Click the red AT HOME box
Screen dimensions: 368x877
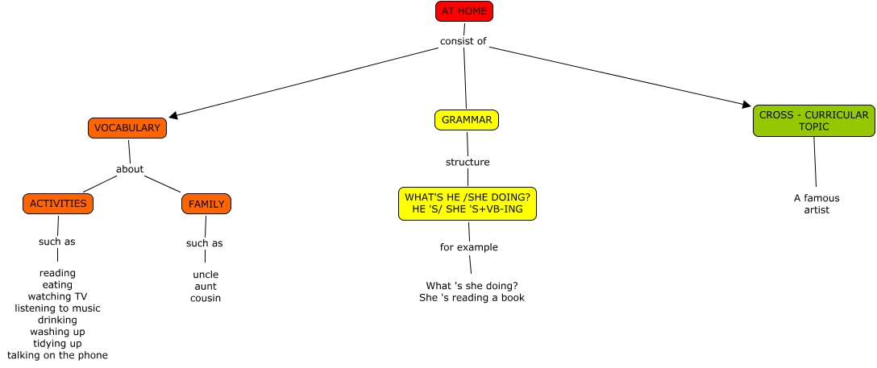pyautogui.click(x=463, y=11)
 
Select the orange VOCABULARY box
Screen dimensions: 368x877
pyautogui.click(x=127, y=128)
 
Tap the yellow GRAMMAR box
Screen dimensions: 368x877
pyautogui.click(x=467, y=120)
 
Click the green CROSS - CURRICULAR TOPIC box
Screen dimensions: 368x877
pyautogui.click(x=813, y=121)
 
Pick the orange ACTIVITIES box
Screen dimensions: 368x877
pyautogui.click(x=58, y=204)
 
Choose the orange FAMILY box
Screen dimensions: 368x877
pyautogui.click(x=206, y=204)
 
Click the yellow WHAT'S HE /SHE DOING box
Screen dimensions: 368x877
pyautogui.click(x=468, y=204)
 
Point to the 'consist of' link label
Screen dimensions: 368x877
pyautogui.click(x=463, y=41)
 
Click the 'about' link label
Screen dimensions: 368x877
pyautogui.click(x=130, y=169)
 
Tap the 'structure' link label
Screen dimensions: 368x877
pyautogui.click(x=468, y=162)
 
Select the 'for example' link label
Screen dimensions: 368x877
pyautogui.click(x=469, y=247)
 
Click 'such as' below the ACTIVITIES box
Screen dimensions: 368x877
pyautogui.click(x=57, y=242)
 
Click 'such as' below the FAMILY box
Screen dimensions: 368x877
pyautogui.click(x=205, y=243)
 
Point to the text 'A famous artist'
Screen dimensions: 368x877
pyautogui.click(x=817, y=204)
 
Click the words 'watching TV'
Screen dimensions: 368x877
pyautogui.click(x=57, y=296)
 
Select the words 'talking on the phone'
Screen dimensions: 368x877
pyautogui.click(x=57, y=355)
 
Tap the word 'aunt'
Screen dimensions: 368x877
pyautogui.click(x=206, y=286)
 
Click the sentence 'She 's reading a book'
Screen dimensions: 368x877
pyautogui.click(x=472, y=297)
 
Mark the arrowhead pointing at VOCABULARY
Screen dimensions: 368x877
pyautogui.click(x=173, y=116)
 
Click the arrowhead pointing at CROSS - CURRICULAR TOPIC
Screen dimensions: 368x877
pyautogui.click(x=746, y=104)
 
